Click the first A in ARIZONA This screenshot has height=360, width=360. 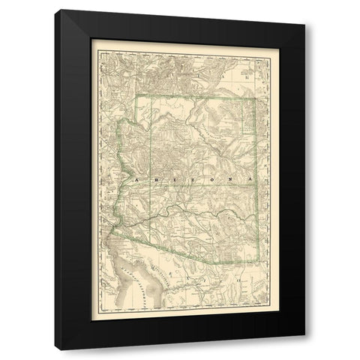click(x=135, y=181)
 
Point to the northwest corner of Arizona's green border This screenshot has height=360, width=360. click(x=136, y=95)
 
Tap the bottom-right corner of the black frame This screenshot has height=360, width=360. click(x=305, y=350)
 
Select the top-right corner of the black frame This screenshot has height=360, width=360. click(x=305, y=10)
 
